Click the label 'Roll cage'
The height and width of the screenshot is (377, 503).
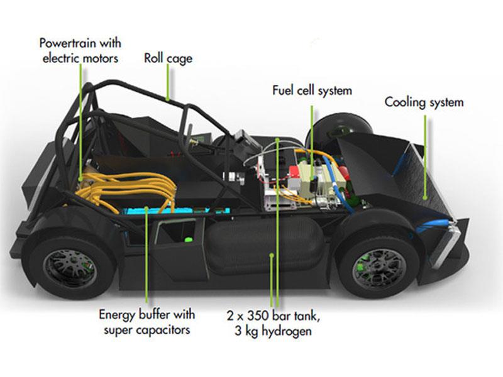pos(168,59)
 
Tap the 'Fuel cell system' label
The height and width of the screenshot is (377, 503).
pos(312,90)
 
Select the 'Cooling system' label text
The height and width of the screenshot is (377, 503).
pos(424,102)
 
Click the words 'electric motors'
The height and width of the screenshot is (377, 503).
pos(80,58)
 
